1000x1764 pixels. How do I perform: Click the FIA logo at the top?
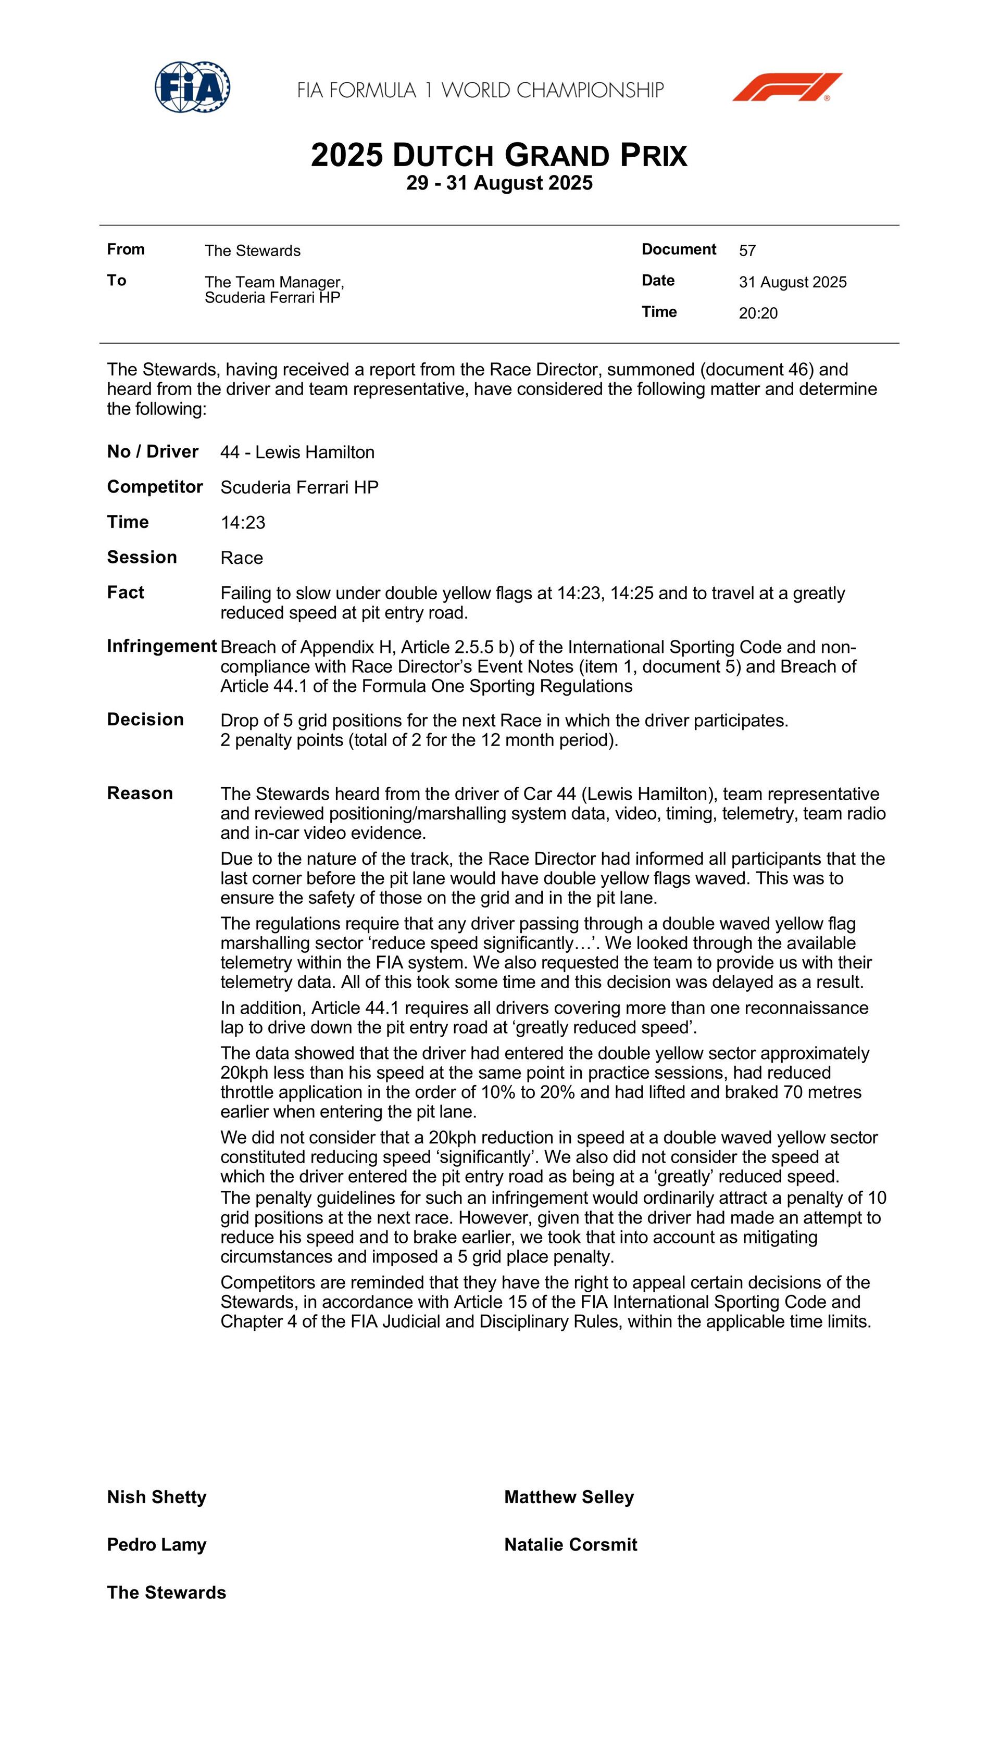tap(192, 87)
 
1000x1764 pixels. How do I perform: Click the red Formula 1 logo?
tap(787, 87)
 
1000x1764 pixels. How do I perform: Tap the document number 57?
tap(747, 250)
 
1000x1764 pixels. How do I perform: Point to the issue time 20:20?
tap(758, 313)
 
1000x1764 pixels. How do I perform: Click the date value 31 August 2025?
tap(793, 282)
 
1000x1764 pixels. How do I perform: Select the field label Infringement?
tap(162, 646)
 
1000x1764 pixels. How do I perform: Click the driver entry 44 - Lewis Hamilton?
tap(297, 452)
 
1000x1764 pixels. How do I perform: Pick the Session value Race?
tap(242, 558)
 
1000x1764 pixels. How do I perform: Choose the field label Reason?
tap(140, 793)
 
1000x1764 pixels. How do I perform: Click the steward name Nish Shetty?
tap(157, 1497)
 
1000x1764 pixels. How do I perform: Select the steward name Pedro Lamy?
tap(157, 1544)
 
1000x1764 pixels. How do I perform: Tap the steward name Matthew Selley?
tap(569, 1497)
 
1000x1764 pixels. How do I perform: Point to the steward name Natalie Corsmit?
tap(571, 1544)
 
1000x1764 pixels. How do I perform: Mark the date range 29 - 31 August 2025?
tap(499, 183)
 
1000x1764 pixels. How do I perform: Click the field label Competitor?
tap(155, 487)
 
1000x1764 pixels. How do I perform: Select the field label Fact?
tap(126, 593)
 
